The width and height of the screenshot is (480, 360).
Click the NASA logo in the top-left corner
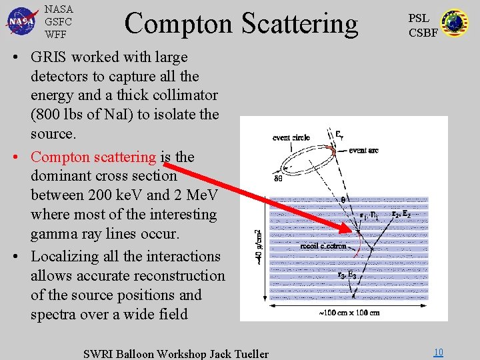pos(22,21)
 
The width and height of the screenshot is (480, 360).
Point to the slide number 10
pos(438,352)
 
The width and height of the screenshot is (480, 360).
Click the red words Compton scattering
pos(93,157)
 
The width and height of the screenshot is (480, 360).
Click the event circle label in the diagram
pos(291,138)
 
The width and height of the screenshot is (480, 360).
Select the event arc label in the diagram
pos(363,151)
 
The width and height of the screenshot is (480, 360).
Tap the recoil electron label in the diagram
pos(323,246)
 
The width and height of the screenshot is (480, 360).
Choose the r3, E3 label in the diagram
pos(346,275)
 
